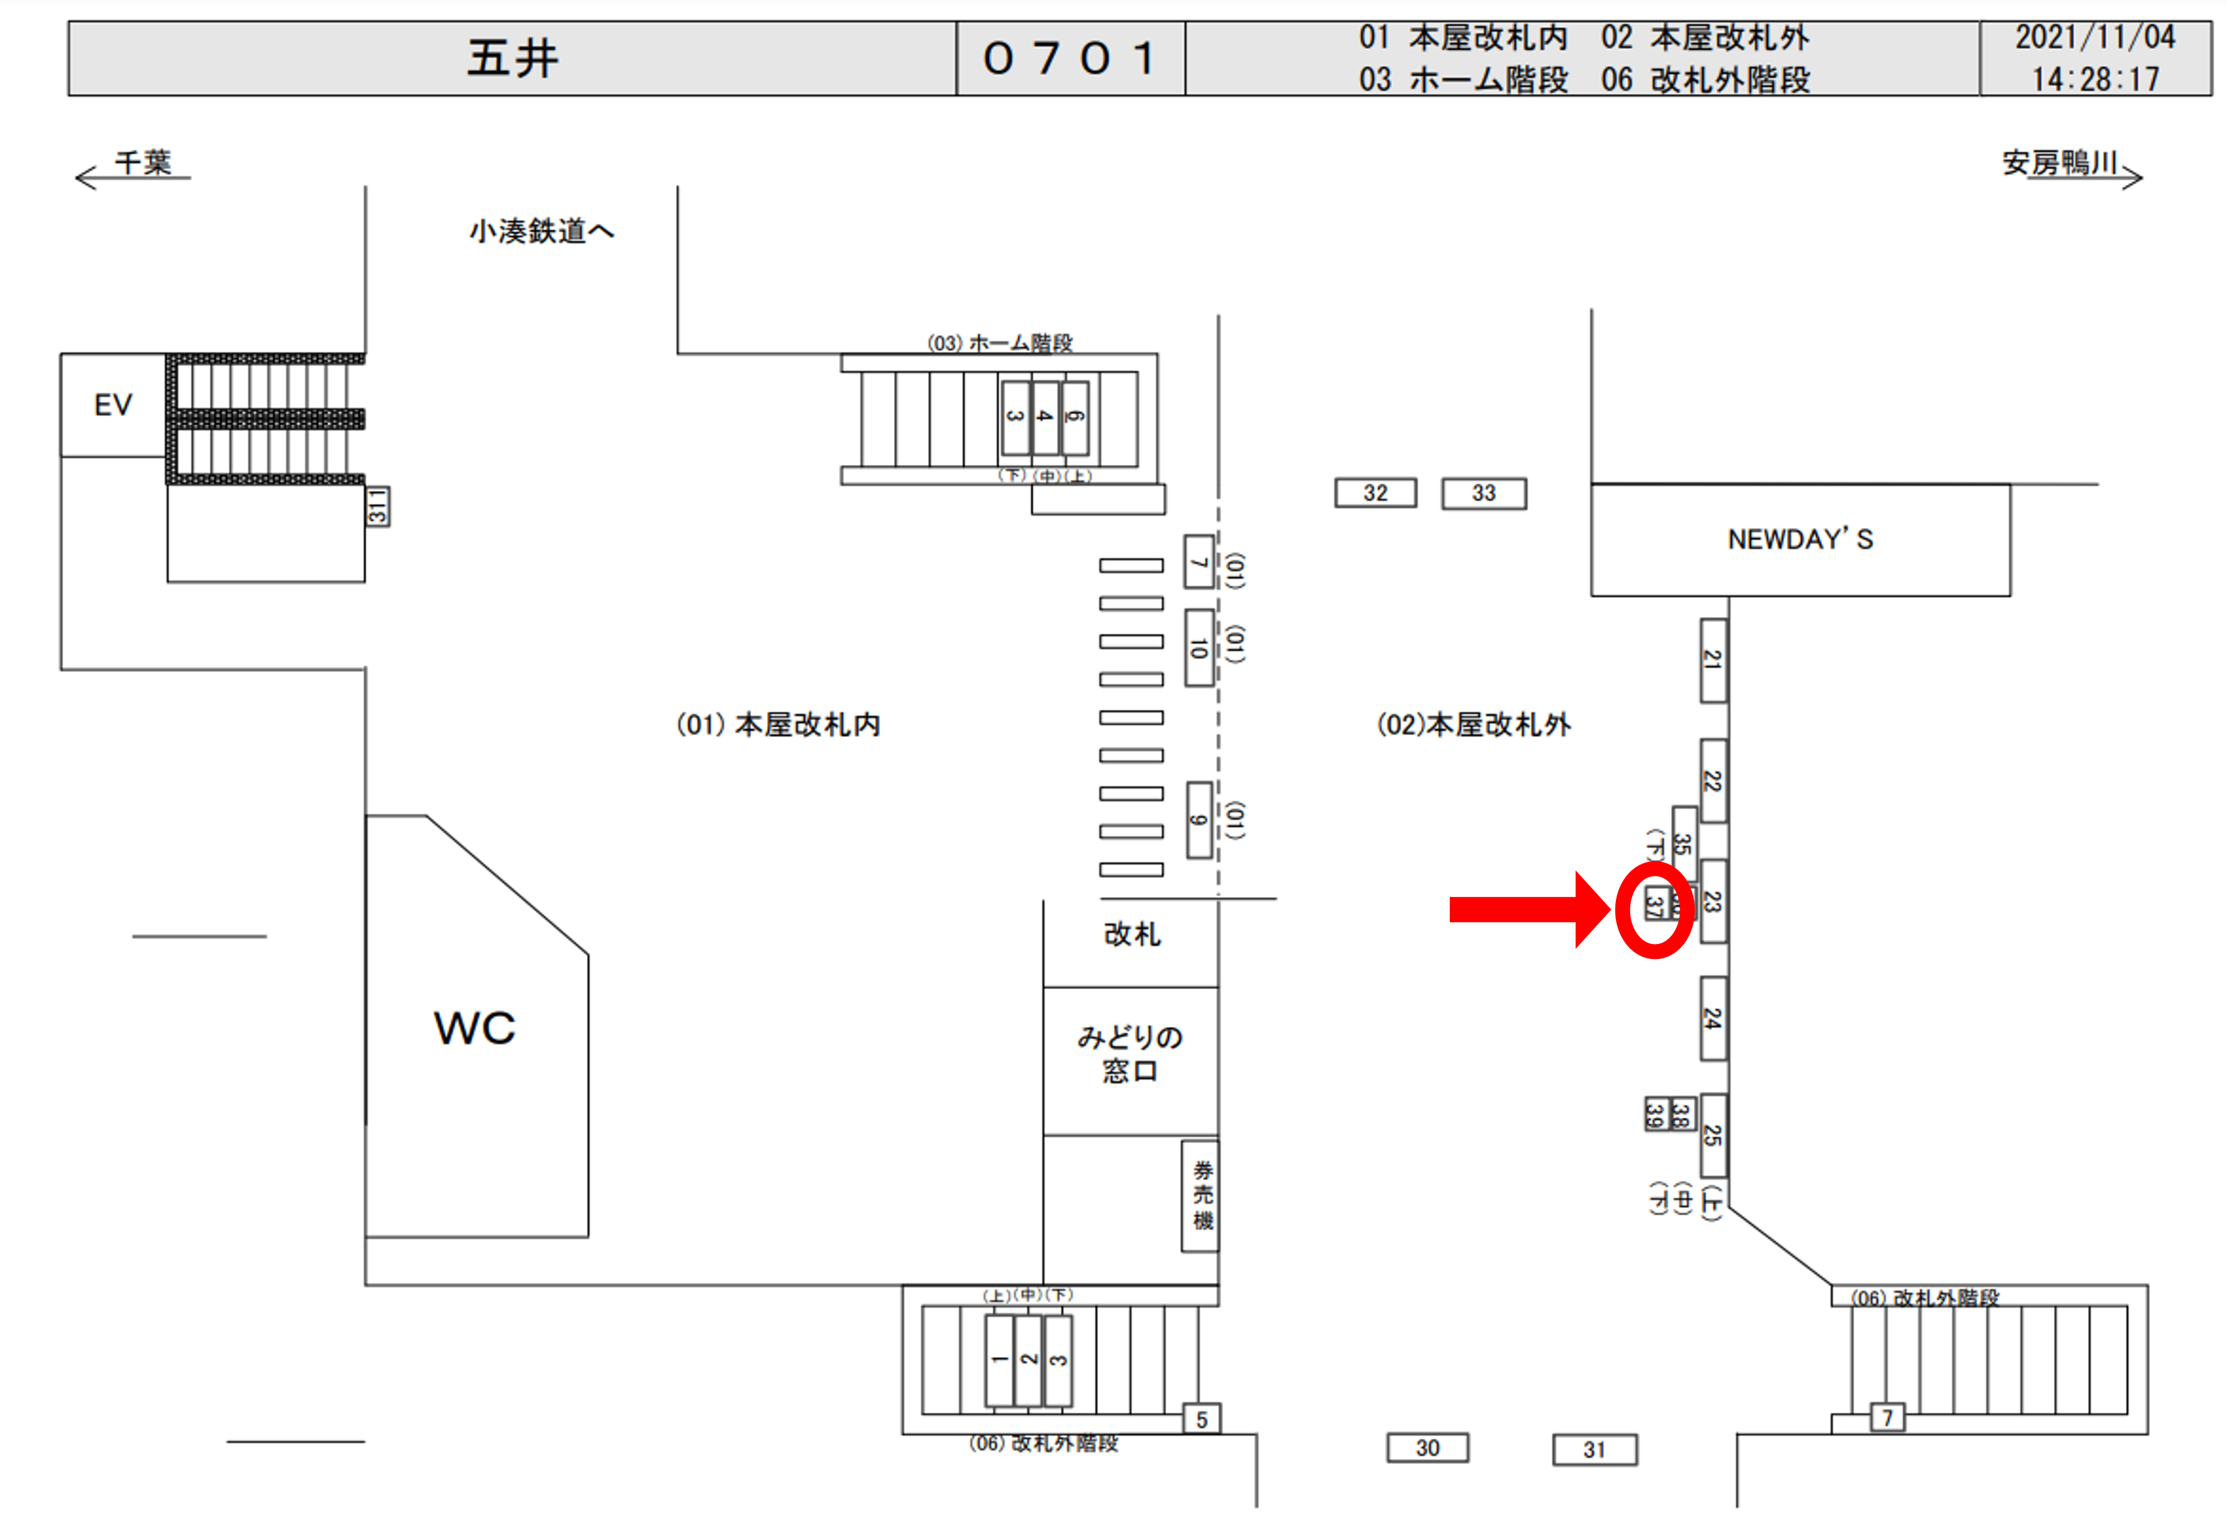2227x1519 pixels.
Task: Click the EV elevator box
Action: point(113,404)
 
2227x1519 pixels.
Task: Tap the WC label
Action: point(474,1028)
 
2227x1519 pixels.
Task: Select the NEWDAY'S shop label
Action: point(1800,540)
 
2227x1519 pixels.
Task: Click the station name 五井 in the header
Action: point(512,59)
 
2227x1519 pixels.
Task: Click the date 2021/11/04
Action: point(2095,37)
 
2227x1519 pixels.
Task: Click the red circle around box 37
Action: point(1654,909)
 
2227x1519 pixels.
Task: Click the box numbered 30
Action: point(1427,1447)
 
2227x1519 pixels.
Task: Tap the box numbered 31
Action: point(1594,1449)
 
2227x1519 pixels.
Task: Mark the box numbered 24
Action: point(1712,1018)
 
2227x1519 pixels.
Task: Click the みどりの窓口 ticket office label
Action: point(1130,1053)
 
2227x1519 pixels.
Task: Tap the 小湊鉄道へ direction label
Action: point(541,231)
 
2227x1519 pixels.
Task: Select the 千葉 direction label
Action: point(143,163)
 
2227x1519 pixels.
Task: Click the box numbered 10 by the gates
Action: point(1199,648)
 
